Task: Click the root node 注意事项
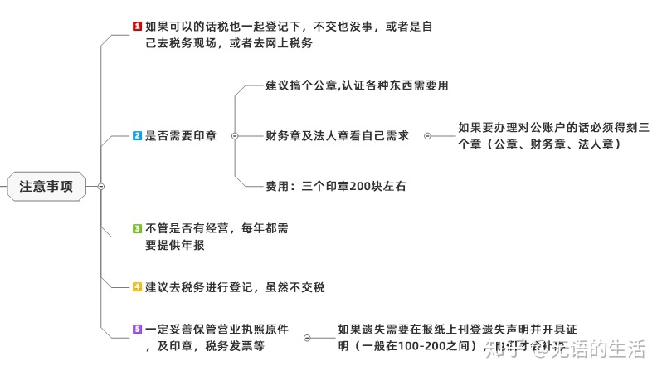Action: pyautogui.click(x=46, y=187)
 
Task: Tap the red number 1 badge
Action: pyautogui.click(x=138, y=27)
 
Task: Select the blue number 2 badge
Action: pyautogui.click(x=138, y=135)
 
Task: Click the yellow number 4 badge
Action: pyautogui.click(x=138, y=287)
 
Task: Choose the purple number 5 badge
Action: pyautogui.click(x=138, y=330)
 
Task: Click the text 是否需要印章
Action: pyautogui.click(x=181, y=135)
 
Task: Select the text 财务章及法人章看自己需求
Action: pyautogui.click(x=338, y=135)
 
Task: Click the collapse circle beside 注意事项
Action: pyautogui.click(x=100, y=187)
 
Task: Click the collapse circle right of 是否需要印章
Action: pyautogui.click(x=235, y=135)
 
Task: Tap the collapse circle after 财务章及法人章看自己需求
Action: pyautogui.click(x=427, y=135)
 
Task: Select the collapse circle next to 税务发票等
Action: pyautogui.click(x=308, y=338)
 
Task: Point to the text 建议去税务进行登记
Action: pyautogui.click(x=235, y=287)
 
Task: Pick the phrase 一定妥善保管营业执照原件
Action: pyautogui.click(x=217, y=330)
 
